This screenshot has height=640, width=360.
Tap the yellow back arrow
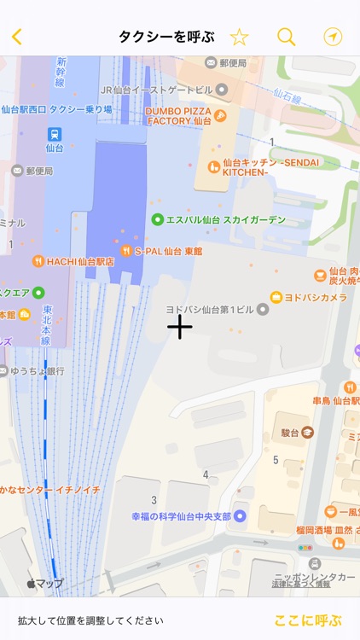16,37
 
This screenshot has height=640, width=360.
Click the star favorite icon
239,37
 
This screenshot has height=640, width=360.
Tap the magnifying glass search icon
287,37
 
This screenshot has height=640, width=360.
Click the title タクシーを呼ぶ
165,37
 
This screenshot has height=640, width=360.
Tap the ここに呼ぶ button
307,620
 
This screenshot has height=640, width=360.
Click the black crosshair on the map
180,326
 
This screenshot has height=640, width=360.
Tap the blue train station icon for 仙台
54,133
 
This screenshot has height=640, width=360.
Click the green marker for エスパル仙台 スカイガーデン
157,219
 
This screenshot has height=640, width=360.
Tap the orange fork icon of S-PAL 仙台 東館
126,251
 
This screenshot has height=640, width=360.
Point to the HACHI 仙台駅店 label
80,261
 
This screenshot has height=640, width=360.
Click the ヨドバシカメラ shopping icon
277,297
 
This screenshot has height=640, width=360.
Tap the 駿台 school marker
307,433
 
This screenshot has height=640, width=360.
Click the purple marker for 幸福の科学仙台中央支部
240,515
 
